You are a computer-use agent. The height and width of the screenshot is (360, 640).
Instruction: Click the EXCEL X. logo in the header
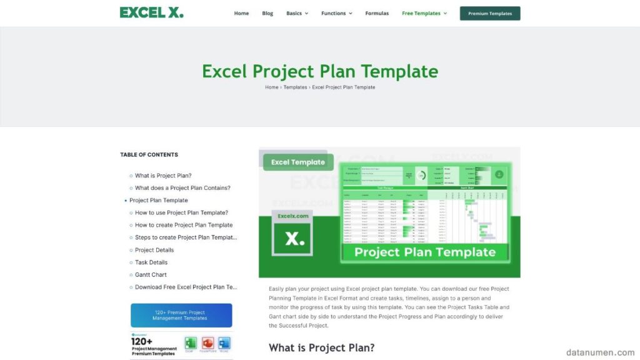(152, 12)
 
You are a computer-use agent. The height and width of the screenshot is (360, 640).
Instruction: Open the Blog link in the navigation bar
(267, 13)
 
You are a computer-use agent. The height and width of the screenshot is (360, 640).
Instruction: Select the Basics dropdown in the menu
(297, 13)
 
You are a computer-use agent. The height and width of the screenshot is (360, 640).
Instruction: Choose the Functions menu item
(336, 13)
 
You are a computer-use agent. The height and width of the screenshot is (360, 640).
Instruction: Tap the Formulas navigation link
(377, 13)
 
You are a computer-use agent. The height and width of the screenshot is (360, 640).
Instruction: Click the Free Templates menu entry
(424, 13)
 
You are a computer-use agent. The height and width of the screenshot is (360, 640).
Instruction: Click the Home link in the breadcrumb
(271, 87)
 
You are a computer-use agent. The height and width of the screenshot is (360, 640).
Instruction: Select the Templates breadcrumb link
(295, 87)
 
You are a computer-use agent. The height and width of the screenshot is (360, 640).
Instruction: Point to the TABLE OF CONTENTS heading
(149, 154)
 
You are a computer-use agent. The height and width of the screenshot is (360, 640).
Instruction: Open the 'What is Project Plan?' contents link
(163, 176)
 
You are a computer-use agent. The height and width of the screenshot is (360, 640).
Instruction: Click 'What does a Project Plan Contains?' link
(182, 188)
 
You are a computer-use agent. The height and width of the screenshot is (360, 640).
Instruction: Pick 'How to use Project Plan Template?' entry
(181, 212)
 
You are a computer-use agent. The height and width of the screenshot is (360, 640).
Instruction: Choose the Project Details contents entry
(154, 250)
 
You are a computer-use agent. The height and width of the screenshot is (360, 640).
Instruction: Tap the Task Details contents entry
(151, 262)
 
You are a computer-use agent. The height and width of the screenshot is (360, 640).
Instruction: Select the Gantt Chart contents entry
(151, 275)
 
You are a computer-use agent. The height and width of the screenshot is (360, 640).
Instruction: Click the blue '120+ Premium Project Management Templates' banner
(181, 315)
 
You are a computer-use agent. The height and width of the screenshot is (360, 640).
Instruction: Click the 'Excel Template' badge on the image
(298, 162)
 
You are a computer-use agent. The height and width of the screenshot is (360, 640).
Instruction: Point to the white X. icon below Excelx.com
(293, 238)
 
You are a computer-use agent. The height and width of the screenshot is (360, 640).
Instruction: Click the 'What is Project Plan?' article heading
(321, 347)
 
